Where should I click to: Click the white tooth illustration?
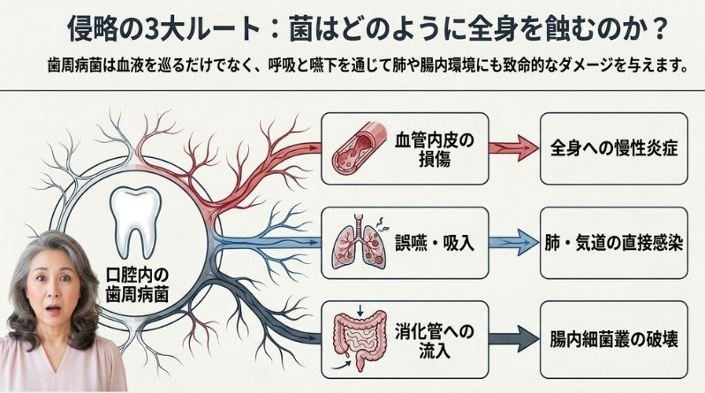point(136,222)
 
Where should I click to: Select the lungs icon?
point(359,242)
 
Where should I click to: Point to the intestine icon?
point(360,338)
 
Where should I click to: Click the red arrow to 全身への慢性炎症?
point(513,148)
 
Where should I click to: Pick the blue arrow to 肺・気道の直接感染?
point(513,242)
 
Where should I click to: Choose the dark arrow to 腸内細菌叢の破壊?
point(513,338)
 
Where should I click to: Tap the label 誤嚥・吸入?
point(435,243)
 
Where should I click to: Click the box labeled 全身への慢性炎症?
point(614,148)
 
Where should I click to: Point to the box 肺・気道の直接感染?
point(614,243)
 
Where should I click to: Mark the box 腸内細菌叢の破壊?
point(614,339)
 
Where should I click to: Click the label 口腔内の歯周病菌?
point(137,284)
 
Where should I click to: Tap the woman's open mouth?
point(54,310)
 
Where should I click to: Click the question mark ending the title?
point(660,31)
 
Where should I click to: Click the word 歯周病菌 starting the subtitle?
point(75,66)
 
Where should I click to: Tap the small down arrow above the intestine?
point(360,310)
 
